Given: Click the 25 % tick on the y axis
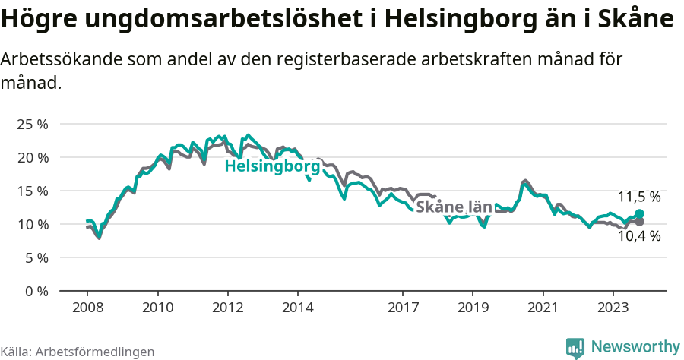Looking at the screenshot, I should click(33, 124).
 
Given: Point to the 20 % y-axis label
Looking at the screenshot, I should click(33, 157).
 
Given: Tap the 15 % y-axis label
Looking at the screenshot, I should click(33, 191).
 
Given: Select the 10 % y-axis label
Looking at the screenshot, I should click(33, 224).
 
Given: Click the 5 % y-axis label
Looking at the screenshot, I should click(36, 257).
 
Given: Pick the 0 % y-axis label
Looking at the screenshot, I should click(36, 291).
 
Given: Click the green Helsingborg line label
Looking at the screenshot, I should click(272, 166).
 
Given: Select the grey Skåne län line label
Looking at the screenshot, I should click(454, 207).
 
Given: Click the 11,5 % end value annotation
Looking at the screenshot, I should click(638, 197).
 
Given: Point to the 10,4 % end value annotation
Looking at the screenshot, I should click(638, 236).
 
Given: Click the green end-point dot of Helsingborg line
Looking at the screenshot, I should click(639, 214).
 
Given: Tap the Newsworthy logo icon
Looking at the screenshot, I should click(575, 347).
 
